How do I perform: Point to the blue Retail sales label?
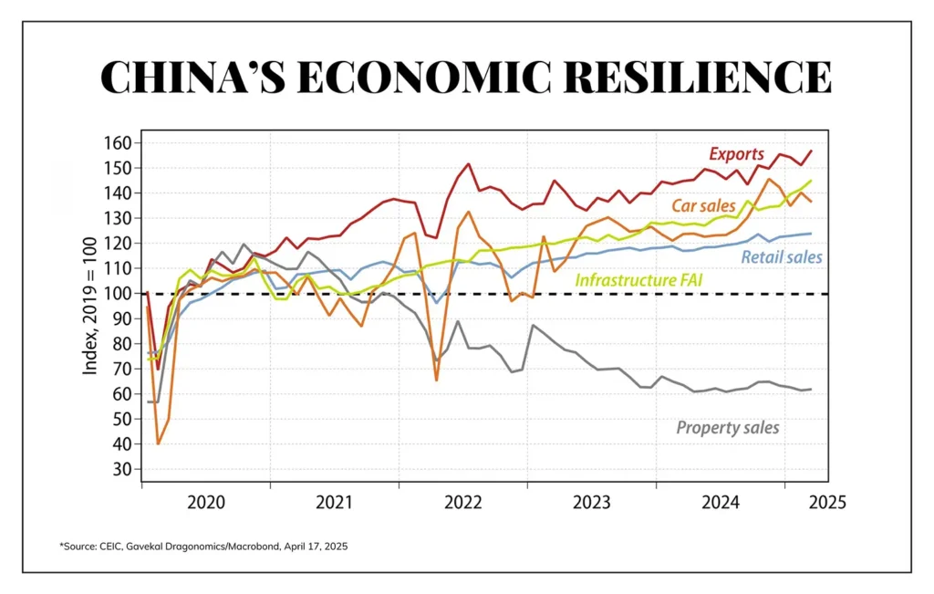(782, 257)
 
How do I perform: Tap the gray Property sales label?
(728, 426)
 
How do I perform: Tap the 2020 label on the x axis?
(205, 502)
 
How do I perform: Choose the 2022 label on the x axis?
(463, 502)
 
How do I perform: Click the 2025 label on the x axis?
(825, 502)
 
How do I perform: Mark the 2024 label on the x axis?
(721, 502)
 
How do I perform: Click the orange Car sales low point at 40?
(158, 443)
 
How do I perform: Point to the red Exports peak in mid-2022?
(468, 164)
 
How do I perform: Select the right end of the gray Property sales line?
(811, 389)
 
